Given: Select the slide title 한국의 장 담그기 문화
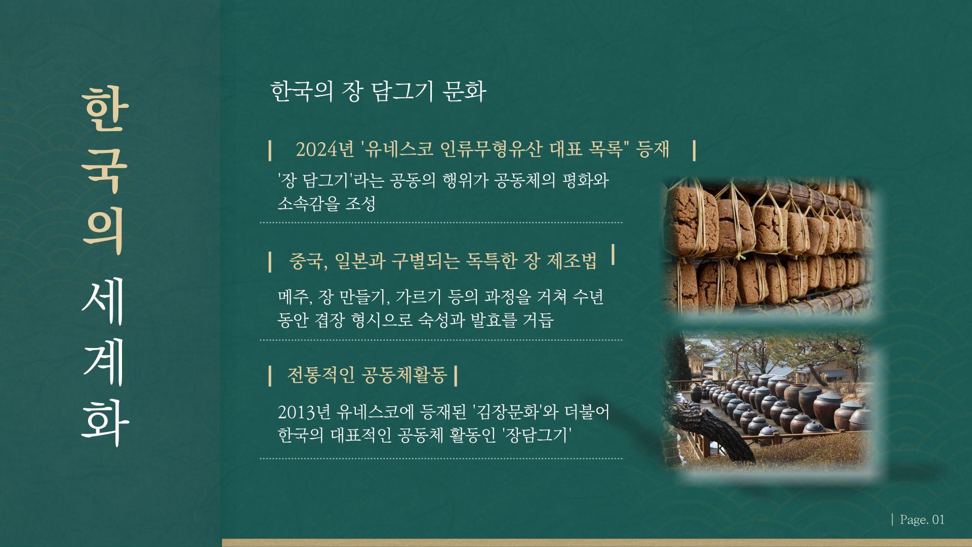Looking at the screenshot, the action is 379,91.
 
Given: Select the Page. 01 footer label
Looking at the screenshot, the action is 922,520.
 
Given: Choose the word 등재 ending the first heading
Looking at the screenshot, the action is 654,149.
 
